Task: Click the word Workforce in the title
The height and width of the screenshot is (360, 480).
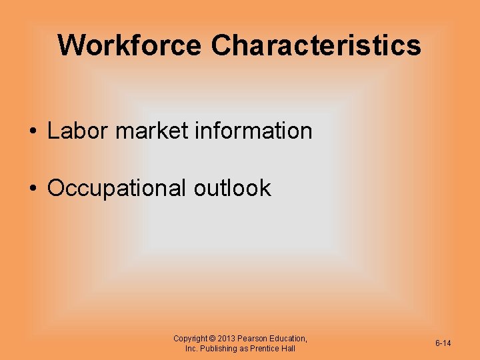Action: click(129, 45)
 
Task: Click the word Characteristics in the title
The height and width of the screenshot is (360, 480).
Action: click(316, 45)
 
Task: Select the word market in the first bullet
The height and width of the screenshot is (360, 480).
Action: click(152, 131)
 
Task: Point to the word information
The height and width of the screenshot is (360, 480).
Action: click(253, 131)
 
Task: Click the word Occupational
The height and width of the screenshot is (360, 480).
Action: click(117, 189)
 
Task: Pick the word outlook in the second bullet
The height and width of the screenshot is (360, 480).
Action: click(233, 188)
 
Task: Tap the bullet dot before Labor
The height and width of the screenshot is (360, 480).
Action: click(33, 131)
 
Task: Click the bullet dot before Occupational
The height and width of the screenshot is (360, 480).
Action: click(33, 189)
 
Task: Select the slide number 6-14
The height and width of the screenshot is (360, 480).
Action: click(443, 343)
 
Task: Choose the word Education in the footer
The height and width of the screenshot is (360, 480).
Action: click(289, 339)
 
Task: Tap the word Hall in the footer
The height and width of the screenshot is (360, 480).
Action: click(288, 349)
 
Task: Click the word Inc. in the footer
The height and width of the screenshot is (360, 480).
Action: click(191, 349)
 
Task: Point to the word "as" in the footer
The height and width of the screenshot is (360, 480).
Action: click(245, 349)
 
